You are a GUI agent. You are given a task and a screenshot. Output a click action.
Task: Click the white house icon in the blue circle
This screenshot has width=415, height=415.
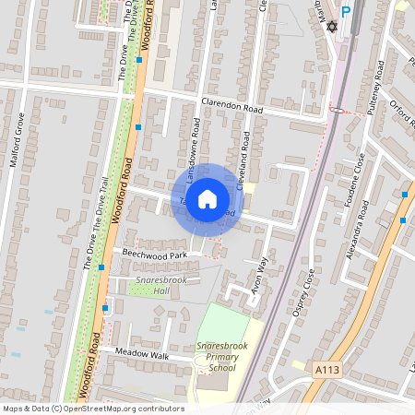coord(207,198)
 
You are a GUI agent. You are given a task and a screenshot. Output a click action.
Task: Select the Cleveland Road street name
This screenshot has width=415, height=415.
coord(245,159)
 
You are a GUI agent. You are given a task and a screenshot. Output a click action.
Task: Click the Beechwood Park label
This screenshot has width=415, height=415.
coord(155,253)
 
